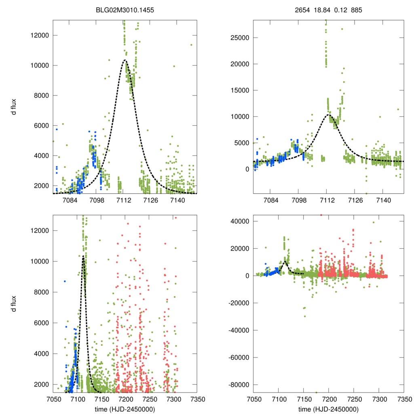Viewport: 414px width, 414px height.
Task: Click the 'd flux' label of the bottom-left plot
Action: click(14, 304)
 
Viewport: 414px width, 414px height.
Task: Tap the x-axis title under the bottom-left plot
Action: click(125, 409)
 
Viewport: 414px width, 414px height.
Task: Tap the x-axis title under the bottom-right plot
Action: click(328, 409)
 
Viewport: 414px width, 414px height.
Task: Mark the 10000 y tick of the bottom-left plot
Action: click(40, 261)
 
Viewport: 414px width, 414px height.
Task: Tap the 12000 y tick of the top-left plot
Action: click(40, 35)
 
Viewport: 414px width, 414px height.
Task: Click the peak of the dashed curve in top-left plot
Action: click(125, 60)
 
